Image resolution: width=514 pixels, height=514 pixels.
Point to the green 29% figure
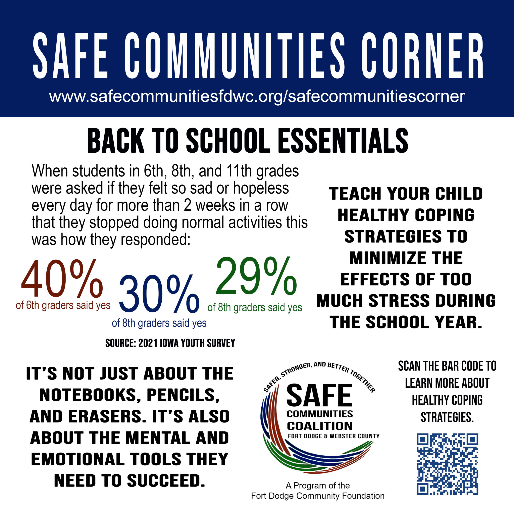pyautogui.click(x=256, y=277)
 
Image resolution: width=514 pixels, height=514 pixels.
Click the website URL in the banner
pyautogui.click(x=257, y=96)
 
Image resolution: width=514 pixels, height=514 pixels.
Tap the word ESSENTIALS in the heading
pyautogui.click(x=343, y=141)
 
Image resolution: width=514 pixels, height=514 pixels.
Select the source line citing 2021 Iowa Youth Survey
pyautogui.click(x=170, y=343)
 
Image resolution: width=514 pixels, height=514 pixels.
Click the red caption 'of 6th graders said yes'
pyautogui.click(x=63, y=305)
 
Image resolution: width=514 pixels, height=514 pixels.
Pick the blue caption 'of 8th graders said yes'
pyautogui.click(x=159, y=323)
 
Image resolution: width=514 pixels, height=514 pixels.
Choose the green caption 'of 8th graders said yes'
pyautogui.click(x=255, y=308)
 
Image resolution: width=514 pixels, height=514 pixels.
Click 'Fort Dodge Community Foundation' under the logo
pyautogui.click(x=318, y=496)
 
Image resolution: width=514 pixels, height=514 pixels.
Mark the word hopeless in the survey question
pyautogui.click(x=261, y=188)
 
